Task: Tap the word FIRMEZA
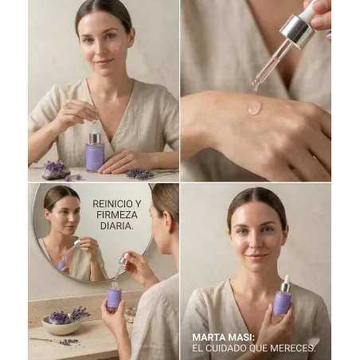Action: tap(117, 214)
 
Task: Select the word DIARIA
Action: tap(116, 225)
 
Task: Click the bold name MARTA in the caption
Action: tap(209, 338)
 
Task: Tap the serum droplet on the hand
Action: tap(255, 108)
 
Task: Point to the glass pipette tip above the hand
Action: tap(256, 86)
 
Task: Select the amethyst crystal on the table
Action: tap(55, 170)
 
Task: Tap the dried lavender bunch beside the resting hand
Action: tap(141, 174)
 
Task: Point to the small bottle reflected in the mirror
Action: tap(62, 264)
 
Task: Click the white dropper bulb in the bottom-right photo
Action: tap(287, 279)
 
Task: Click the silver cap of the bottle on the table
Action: tap(95, 138)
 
